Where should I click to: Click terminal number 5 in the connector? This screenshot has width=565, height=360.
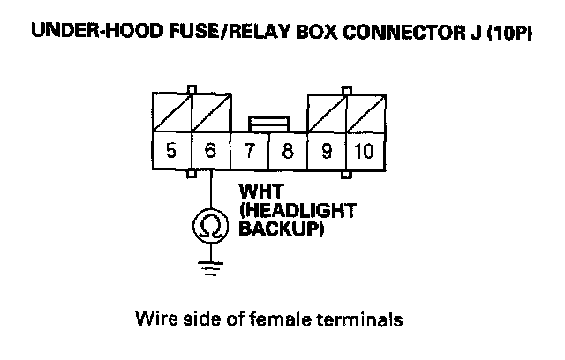(x=171, y=150)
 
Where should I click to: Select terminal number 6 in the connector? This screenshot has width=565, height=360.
(x=209, y=150)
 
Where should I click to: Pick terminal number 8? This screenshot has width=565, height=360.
(x=287, y=150)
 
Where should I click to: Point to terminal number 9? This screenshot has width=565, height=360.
(x=326, y=150)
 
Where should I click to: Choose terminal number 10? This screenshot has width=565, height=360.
(x=364, y=150)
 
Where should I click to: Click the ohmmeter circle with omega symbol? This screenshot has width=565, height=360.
(x=210, y=228)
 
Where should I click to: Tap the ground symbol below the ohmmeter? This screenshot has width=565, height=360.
(x=210, y=267)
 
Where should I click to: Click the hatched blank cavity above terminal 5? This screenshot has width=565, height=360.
(x=171, y=111)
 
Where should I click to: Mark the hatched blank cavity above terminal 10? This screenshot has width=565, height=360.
(x=364, y=111)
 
